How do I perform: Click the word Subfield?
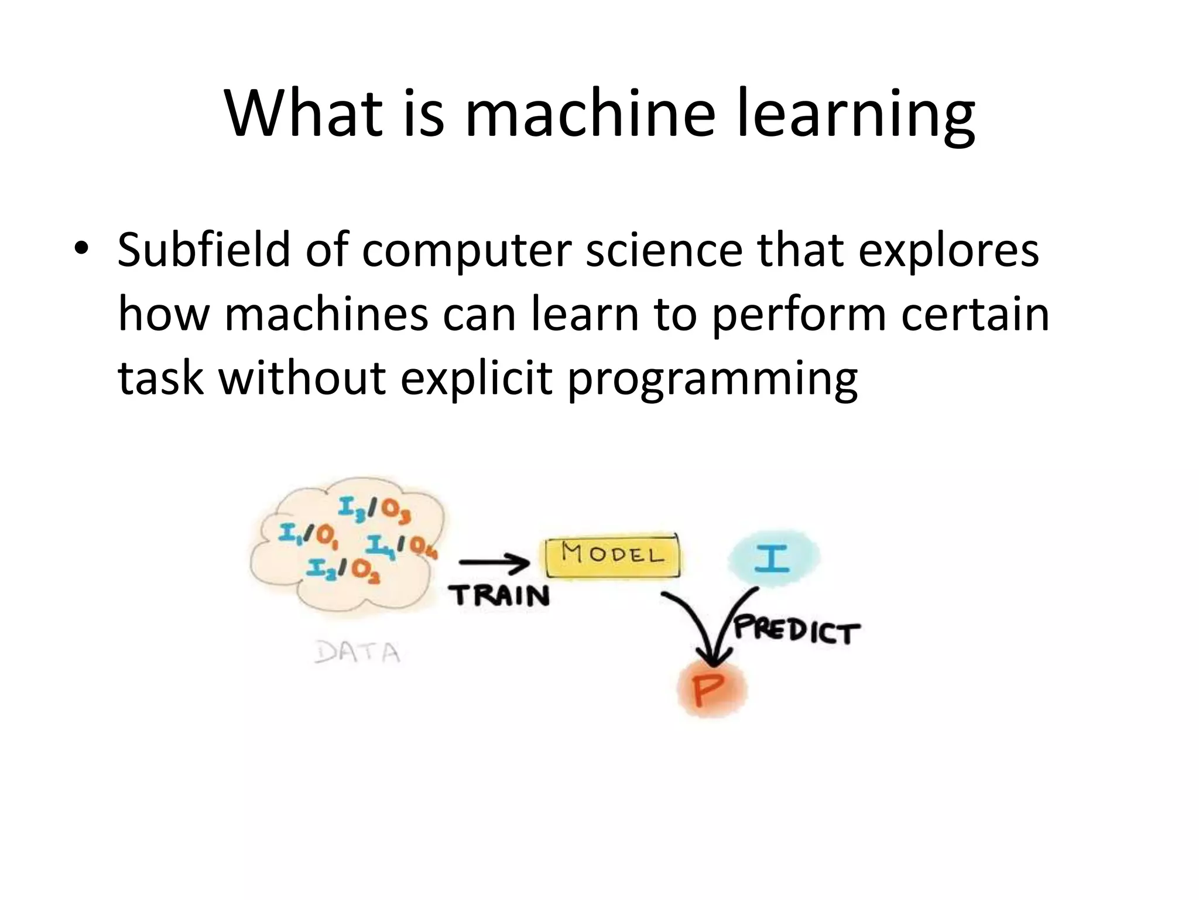pos(203,250)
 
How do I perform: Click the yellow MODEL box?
pos(613,555)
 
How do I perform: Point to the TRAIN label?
pos(499,596)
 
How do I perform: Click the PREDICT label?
pos(797,630)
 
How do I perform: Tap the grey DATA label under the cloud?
pos(357,652)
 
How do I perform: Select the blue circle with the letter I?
pos(773,557)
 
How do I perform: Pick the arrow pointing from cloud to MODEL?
pos(494,563)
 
